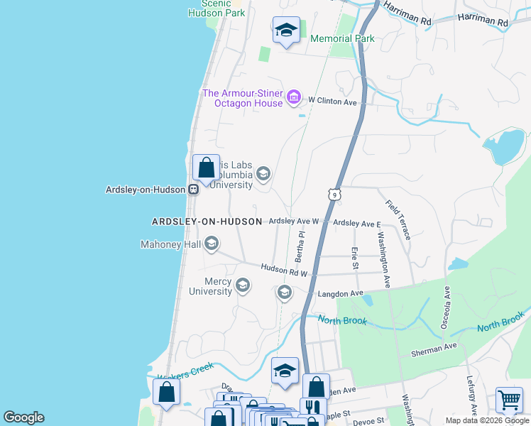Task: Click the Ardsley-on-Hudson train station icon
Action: tap(192, 190)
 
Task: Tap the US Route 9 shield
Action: tap(333, 193)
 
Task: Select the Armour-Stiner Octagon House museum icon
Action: tap(294, 97)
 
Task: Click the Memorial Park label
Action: tap(342, 38)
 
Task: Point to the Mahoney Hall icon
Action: tap(211, 245)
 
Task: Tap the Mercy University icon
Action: tap(243, 285)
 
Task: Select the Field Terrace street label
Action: tap(398, 219)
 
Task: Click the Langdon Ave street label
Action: tap(340, 293)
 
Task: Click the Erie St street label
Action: tap(354, 258)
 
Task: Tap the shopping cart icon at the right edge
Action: tap(510, 401)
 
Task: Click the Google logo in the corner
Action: tap(24, 417)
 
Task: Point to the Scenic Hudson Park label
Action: tap(217, 9)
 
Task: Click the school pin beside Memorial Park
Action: tap(286, 31)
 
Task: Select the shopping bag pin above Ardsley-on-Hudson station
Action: tap(206, 169)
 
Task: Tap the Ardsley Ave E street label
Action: tap(357, 224)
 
